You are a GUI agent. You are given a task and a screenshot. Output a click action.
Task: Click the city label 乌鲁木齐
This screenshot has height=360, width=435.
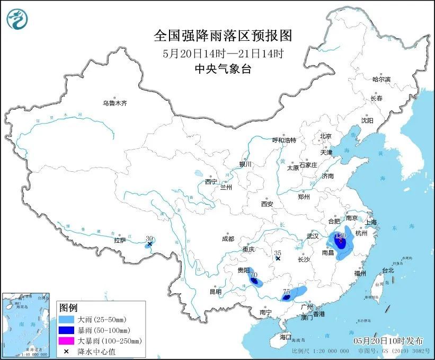coord(115,103)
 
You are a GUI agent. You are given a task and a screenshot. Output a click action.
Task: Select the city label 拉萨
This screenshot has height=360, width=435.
coord(120,240)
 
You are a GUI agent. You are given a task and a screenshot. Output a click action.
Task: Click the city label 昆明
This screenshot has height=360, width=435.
coord(215,292)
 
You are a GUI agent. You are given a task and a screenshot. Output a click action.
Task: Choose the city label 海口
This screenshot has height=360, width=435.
coord(286,337)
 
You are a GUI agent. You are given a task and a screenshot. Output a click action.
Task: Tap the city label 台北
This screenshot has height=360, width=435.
coord(388,270)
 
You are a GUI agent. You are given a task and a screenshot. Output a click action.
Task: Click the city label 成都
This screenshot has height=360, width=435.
coord(228,239)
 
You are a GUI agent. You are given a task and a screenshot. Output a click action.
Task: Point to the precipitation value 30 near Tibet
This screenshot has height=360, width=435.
coord(149,239)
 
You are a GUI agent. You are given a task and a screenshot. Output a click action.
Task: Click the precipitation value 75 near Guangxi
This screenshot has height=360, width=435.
coord(286,292)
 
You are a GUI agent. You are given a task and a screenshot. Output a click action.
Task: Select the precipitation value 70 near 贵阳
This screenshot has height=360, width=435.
coord(254,275)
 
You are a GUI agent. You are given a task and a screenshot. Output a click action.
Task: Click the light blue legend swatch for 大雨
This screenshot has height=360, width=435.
coord(67,320)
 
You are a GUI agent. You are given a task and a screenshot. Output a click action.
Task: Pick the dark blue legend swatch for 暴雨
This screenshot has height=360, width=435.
coord(67,330)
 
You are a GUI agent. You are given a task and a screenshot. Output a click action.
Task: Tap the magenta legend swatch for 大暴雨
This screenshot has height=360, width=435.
coord(67,341)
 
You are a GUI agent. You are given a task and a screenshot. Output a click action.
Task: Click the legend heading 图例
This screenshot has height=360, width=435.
coord(68,308)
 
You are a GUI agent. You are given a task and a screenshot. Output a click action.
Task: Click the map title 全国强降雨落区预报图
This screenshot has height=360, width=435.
coord(223,36)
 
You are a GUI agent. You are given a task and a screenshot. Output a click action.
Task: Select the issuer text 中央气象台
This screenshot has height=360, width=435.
coord(222,68)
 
